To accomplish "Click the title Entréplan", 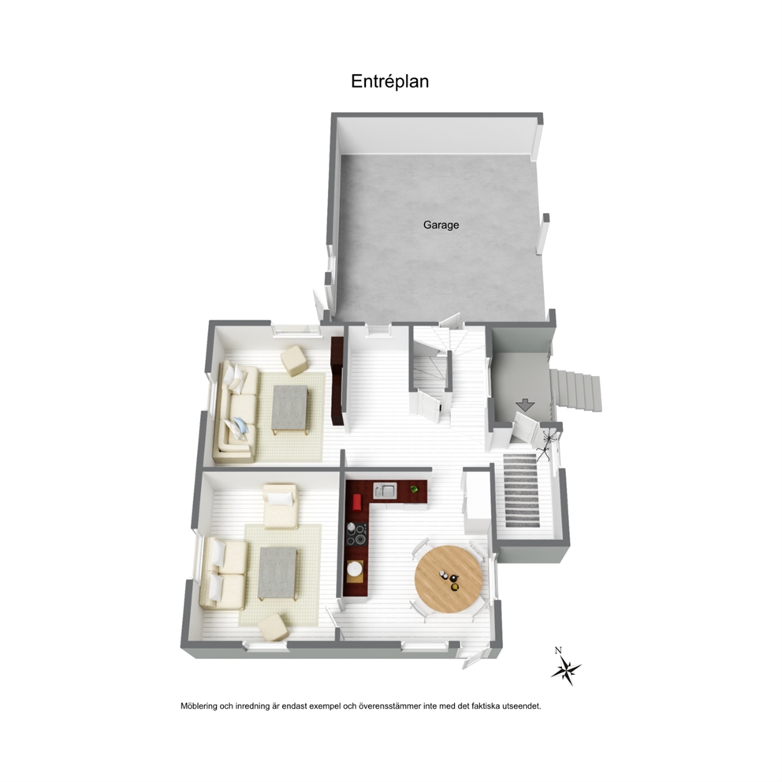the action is pyautogui.click(x=389, y=81).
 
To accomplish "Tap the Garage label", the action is pyautogui.click(x=441, y=225).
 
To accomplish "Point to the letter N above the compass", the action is pyautogui.click(x=558, y=650).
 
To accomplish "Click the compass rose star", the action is pyautogui.click(x=566, y=670).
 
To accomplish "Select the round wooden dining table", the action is pyautogui.click(x=449, y=579).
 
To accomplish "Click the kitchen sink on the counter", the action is pyautogui.click(x=385, y=491).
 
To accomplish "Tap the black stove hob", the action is pyautogui.click(x=356, y=534).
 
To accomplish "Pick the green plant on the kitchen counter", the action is pyautogui.click(x=414, y=490).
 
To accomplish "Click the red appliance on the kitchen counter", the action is pyautogui.click(x=357, y=502).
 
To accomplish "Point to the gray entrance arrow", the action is pyautogui.click(x=525, y=405).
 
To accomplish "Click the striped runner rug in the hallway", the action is pyautogui.click(x=522, y=490).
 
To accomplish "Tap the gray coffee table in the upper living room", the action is pyautogui.click(x=290, y=408).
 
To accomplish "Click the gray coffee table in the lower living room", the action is pyautogui.click(x=277, y=574).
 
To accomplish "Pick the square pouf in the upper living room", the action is pyautogui.click(x=294, y=360).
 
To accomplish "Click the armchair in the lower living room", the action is pyautogui.click(x=281, y=506).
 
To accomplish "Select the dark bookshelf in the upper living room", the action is pyautogui.click(x=337, y=381).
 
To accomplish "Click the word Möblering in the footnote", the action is pyautogui.click(x=199, y=706).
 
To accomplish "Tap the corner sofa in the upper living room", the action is pyautogui.click(x=237, y=412).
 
